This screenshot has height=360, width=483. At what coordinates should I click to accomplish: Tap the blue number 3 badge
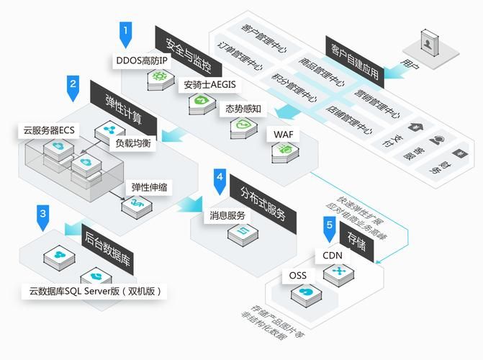[x=43, y=215]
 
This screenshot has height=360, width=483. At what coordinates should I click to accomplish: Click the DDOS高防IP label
[x=141, y=60]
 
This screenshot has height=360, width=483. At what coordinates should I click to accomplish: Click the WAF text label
[x=279, y=134]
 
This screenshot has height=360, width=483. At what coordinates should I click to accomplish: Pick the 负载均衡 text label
[x=133, y=143]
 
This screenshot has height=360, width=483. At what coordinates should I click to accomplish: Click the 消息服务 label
[x=227, y=215]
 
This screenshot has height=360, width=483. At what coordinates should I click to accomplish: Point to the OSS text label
[x=298, y=276]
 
